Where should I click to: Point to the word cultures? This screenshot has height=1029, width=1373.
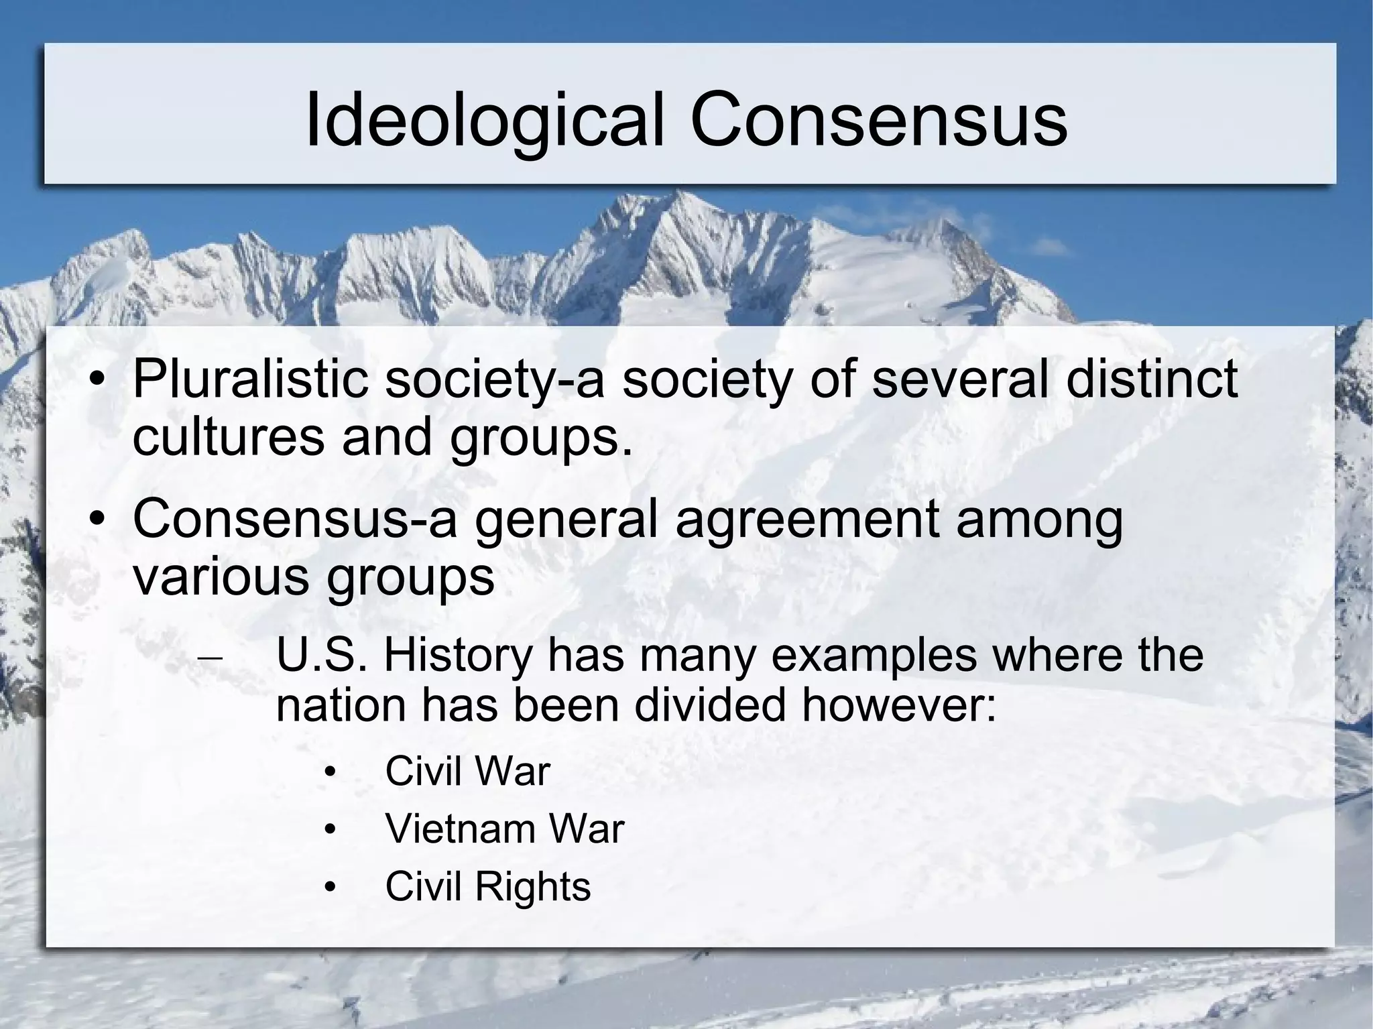[x=229, y=437]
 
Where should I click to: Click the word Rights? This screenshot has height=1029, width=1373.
[x=533, y=886]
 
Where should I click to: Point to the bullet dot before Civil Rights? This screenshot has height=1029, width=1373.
[x=329, y=889]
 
